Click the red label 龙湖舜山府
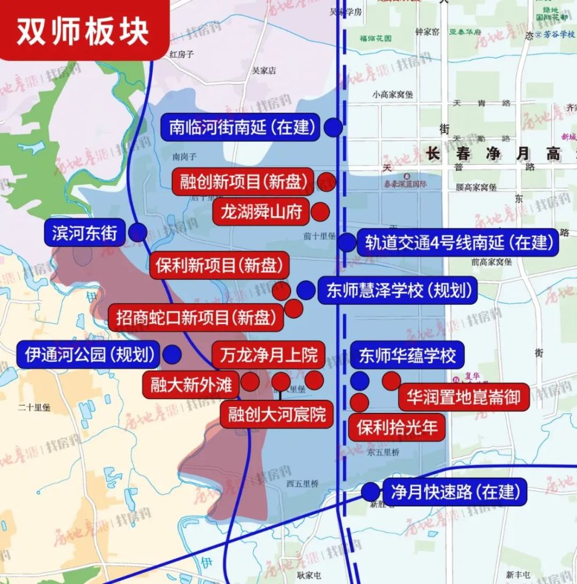[x=261, y=212]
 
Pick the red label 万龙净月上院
[x=270, y=354]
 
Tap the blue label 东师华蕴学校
[x=407, y=355]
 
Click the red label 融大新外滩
[x=191, y=384]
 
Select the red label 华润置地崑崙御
[x=463, y=398]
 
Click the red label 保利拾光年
[x=397, y=427]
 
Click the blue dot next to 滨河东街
[x=138, y=233]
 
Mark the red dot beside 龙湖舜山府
[x=320, y=212]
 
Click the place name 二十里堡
[x=34, y=408]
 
